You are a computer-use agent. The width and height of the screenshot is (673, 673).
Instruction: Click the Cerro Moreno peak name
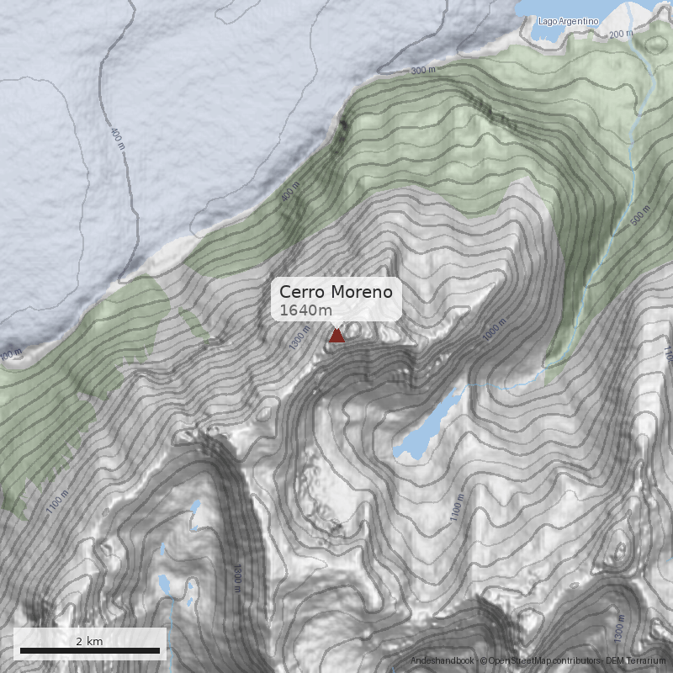click(x=336, y=292)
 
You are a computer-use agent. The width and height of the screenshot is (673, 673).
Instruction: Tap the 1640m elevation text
click(x=305, y=310)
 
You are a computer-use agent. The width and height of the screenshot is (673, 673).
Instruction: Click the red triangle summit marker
click(x=336, y=336)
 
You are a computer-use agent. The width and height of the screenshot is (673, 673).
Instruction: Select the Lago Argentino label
click(x=569, y=21)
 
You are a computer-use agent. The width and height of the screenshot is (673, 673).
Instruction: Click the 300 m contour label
click(x=426, y=72)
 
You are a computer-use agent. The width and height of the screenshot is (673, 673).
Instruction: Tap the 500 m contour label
click(x=641, y=216)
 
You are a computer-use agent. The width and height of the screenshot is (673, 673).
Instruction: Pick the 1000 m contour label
click(x=495, y=331)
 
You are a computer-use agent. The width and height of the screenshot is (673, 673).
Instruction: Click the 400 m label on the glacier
click(x=117, y=139)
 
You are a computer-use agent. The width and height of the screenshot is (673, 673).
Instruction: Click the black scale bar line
click(x=90, y=650)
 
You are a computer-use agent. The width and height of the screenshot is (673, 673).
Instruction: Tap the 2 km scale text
click(x=90, y=641)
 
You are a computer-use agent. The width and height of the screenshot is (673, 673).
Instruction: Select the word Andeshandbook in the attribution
click(x=442, y=661)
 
